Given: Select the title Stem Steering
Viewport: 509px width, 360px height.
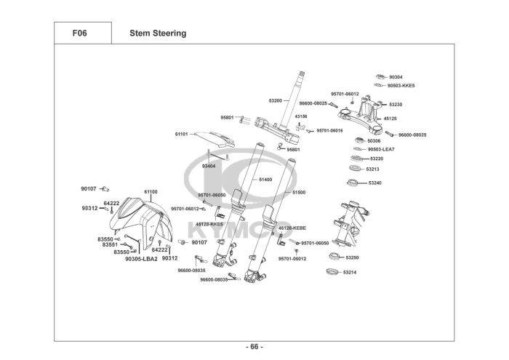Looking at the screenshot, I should coord(158,33).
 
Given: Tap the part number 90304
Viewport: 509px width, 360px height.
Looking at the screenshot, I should coord(396,76).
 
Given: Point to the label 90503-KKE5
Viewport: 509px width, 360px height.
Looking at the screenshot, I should coord(401,85).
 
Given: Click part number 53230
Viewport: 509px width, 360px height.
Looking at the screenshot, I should coord(396,105).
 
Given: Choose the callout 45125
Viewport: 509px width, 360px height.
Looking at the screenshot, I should coord(390,118).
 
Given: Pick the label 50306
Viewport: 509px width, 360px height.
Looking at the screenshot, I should coord(374,140).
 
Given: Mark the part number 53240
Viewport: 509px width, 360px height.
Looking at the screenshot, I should coord(375,183).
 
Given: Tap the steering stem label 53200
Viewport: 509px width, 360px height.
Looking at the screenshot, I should coord(275,100).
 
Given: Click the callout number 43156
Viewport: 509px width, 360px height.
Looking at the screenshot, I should coord(300,116).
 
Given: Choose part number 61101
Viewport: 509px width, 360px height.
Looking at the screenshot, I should coord(181,134).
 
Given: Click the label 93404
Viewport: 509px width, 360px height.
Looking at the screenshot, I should coord(208,166).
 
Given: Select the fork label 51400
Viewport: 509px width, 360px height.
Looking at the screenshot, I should coord(265,179).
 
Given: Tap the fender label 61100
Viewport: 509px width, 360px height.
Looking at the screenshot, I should coord(151,191).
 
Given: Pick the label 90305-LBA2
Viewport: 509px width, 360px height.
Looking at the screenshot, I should coord(141,258).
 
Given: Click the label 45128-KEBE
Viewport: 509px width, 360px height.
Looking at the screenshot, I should coord(292,228).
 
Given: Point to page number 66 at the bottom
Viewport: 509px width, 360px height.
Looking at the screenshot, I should coord(254,345).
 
